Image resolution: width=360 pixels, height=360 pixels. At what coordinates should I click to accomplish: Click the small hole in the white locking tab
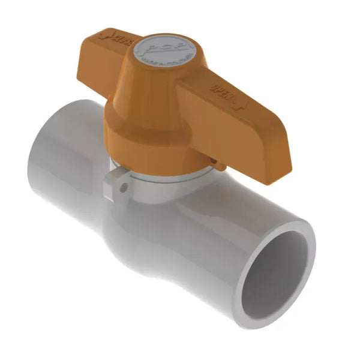124,188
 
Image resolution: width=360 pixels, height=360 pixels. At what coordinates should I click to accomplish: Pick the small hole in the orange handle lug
215,161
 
